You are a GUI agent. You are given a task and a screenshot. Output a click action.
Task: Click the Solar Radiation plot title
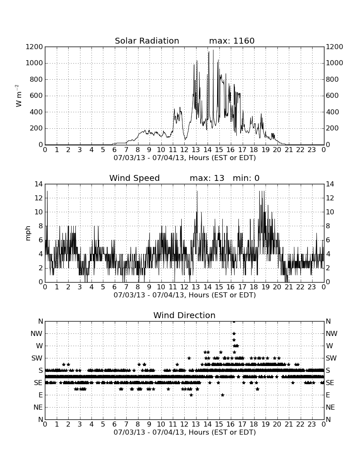click(x=147, y=41)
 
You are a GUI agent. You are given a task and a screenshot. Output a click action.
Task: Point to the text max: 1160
click(x=232, y=41)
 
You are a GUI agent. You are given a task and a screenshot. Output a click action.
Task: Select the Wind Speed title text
click(x=134, y=178)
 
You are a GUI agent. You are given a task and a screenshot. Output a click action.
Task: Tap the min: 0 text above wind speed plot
click(x=246, y=178)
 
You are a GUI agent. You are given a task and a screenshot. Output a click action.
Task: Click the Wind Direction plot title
click(x=184, y=315)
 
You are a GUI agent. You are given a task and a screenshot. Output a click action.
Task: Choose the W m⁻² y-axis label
click(x=18, y=96)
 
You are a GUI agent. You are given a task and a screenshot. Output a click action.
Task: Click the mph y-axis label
click(x=28, y=233)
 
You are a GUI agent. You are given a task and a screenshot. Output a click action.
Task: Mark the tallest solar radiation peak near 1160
click(x=213, y=50)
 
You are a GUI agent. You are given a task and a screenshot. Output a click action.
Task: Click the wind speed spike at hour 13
click(x=197, y=191)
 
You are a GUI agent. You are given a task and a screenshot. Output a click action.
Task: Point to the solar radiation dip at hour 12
click(x=186, y=139)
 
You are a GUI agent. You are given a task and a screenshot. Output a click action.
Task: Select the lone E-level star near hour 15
click(x=222, y=395)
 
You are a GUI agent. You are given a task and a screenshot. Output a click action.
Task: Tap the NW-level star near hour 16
click(x=234, y=333)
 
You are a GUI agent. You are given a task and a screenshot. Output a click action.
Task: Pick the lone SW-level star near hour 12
click(x=189, y=358)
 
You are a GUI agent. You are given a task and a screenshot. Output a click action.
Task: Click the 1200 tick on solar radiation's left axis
click(x=34, y=47)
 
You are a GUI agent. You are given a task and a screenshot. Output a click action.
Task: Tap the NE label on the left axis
click(x=38, y=407)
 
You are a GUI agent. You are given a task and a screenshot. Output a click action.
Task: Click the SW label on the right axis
click(x=331, y=358)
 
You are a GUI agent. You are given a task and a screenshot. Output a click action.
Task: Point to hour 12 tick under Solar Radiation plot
click(x=184, y=150)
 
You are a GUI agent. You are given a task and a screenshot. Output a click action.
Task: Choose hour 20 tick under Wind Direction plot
click(x=277, y=424)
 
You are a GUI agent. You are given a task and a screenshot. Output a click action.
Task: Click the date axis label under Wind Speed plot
click(x=185, y=295)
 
